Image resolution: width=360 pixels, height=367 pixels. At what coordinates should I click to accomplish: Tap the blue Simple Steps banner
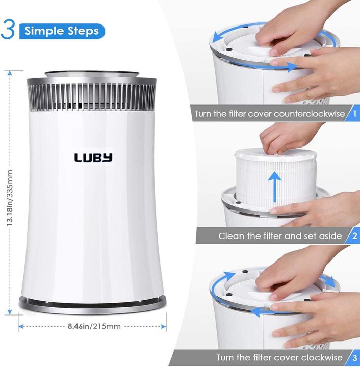(x=62, y=31)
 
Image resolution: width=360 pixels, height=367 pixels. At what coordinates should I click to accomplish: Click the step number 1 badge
(x=354, y=113)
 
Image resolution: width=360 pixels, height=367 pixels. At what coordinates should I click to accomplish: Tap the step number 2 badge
(x=354, y=236)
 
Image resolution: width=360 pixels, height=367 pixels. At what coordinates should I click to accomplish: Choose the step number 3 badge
(x=354, y=357)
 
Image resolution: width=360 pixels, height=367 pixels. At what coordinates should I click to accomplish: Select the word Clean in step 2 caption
(x=230, y=236)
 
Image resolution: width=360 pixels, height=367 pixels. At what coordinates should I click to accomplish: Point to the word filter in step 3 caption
(x=273, y=357)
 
